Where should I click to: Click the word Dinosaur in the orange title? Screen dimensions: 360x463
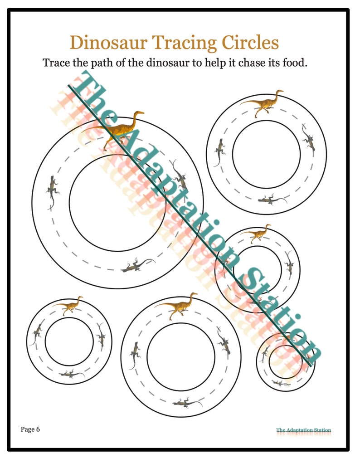coord(108,42)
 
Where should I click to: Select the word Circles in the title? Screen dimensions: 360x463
coord(250,42)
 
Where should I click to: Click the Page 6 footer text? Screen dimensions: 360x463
coord(30,429)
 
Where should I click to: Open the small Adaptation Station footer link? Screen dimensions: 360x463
coord(304,430)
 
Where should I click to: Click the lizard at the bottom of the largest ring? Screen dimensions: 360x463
coord(138,265)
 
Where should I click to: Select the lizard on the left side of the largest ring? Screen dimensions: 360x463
coord(52,192)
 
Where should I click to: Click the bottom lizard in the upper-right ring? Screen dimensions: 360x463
coord(272,200)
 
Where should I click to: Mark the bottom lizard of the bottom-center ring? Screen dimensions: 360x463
coord(187,403)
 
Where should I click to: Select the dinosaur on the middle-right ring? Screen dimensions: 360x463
coord(256,233)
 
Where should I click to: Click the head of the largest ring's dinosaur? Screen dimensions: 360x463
coord(139,113)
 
